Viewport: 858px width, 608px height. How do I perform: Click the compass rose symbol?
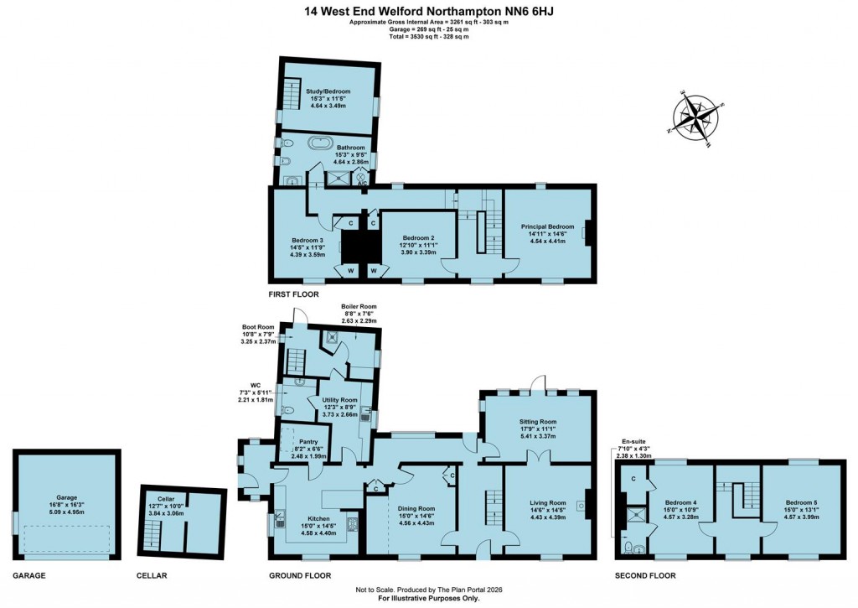697,116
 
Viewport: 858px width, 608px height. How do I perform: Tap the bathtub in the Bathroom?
322,142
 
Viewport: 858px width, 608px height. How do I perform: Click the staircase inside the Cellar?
152,534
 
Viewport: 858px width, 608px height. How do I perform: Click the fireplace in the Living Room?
592,504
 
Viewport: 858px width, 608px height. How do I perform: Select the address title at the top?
428,11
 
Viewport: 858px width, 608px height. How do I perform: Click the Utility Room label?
339,401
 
